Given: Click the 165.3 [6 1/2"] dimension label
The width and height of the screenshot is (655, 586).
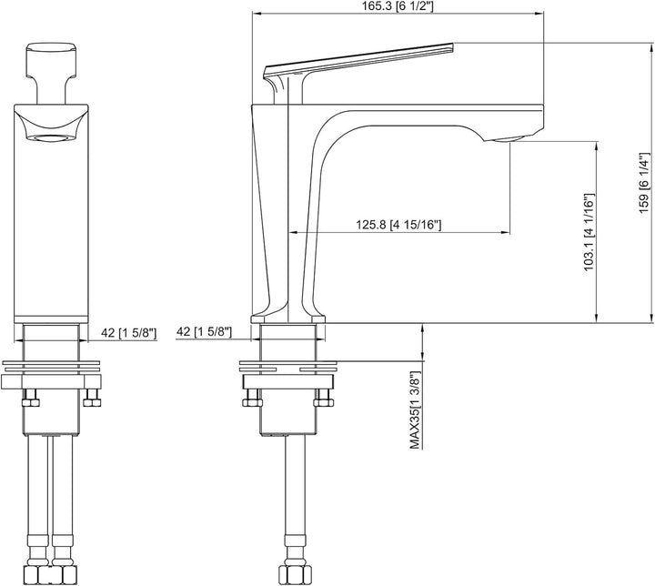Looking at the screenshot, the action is tap(398, 6).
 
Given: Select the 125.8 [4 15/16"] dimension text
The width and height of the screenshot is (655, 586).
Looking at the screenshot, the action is tap(398, 225).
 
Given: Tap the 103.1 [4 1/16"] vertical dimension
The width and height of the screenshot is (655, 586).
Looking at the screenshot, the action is tap(589, 232).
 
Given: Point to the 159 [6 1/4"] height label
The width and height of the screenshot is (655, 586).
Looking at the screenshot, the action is tap(644, 183).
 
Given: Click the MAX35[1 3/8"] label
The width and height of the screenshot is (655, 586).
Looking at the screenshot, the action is tap(415, 409).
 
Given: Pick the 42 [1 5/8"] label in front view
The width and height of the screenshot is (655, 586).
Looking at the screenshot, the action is tap(128, 333).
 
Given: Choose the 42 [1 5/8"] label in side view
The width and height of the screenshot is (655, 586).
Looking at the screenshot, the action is tap(204, 332).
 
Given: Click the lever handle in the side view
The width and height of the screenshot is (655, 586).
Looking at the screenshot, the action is tap(359, 61).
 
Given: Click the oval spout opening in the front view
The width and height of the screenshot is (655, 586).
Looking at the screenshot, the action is tap(51, 138).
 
